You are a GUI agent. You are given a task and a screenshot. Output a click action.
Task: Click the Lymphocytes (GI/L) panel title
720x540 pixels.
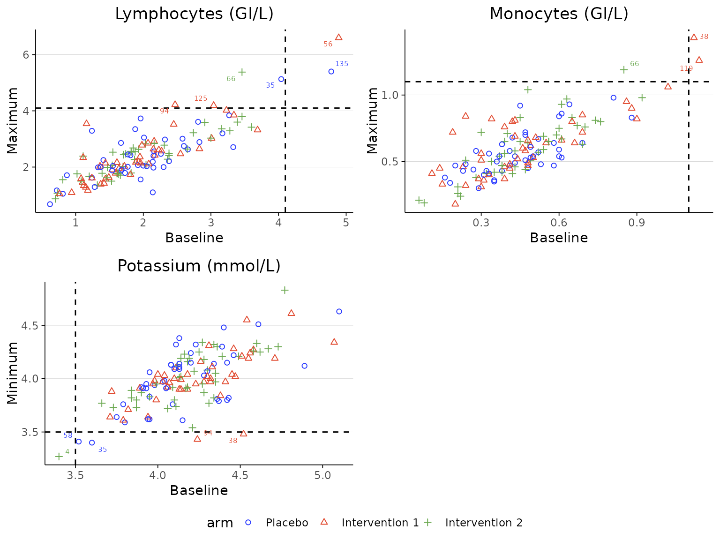pyautogui.click(x=194, y=14)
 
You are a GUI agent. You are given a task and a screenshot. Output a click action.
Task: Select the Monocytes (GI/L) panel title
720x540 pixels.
pyautogui.click(x=559, y=14)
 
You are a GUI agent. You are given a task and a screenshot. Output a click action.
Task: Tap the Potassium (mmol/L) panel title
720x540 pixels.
pyautogui.click(x=199, y=266)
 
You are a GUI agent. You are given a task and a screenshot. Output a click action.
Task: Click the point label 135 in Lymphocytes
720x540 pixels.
pyautogui.click(x=342, y=64)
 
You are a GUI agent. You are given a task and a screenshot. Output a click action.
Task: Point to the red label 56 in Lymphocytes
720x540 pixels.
pyautogui.click(x=328, y=44)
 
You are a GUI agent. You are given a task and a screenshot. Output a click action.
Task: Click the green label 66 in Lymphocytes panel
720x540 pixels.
pyautogui.click(x=231, y=79)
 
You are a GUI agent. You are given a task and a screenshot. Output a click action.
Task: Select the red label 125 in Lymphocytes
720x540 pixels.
pyautogui.click(x=201, y=98)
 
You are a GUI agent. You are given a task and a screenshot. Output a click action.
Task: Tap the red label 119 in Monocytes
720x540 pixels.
pyautogui.click(x=686, y=68)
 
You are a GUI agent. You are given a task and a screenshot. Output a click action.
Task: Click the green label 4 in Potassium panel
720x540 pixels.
pyautogui.click(x=67, y=452)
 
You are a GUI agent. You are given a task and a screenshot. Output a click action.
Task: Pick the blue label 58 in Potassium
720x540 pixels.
pyautogui.click(x=68, y=435)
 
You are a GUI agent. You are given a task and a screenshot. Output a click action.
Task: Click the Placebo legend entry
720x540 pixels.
pyautogui.click(x=286, y=523)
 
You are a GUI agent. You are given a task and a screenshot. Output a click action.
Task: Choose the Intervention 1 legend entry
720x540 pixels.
pyautogui.click(x=380, y=523)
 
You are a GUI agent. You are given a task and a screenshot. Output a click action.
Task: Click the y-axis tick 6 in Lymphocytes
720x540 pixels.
pyautogui.click(x=26, y=55)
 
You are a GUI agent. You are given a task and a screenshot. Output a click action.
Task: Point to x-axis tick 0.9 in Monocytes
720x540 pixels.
pyautogui.click(x=637, y=223)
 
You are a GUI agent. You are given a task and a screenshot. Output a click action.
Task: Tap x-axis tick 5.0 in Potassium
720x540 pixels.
pyautogui.click(x=322, y=475)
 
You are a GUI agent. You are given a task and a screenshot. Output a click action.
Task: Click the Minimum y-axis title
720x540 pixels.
pyautogui.click(x=13, y=373)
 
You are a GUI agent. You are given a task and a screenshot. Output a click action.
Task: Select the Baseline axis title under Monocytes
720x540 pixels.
pyautogui.click(x=559, y=238)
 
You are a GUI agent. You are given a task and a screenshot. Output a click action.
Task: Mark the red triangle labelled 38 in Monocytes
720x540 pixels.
pyautogui.click(x=694, y=37)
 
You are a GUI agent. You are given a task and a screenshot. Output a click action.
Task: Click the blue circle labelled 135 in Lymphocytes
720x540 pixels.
pyautogui.click(x=331, y=72)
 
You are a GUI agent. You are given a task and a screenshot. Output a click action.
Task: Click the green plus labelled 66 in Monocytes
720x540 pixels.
pyautogui.click(x=624, y=70)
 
